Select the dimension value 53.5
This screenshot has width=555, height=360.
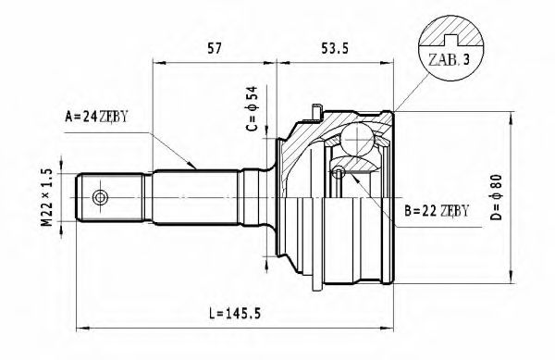pyautogui.click(x=335, y=48)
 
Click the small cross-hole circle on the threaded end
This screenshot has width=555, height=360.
pyautogui.click(x=100, y=197)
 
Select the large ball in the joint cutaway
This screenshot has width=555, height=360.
pyautogui.click(x=357, y=141)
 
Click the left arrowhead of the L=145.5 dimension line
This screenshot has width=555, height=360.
pyautogui.click(x=80, y=326)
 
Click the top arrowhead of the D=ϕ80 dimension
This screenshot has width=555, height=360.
pyautogui.click(x=512, y=114)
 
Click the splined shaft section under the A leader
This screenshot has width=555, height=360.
pyautogui.click(x=194, y=196)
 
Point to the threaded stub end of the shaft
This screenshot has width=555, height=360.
pyautogui.click(x=115, y=197)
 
